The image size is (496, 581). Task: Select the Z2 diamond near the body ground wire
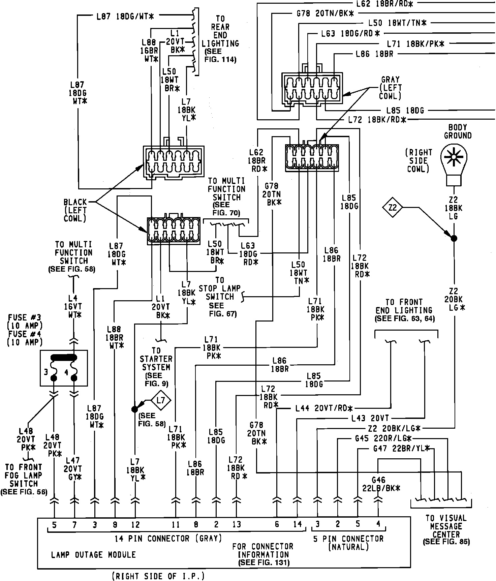tap(393, 208)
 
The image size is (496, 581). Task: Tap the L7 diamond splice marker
tap(161, 400)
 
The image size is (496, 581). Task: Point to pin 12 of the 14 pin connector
tap(135, 525)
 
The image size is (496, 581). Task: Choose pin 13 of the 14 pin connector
tap(237, 525)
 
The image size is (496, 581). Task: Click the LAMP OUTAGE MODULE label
tap(93, 555)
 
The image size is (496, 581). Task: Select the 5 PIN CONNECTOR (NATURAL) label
tap(348, 543)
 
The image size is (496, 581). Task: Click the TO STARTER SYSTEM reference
tap(156, 367)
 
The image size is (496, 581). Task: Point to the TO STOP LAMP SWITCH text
tap(219, 297)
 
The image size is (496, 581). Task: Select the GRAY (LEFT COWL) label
tap(390, 88)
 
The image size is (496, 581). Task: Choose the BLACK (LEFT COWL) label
tap(75, 210)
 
